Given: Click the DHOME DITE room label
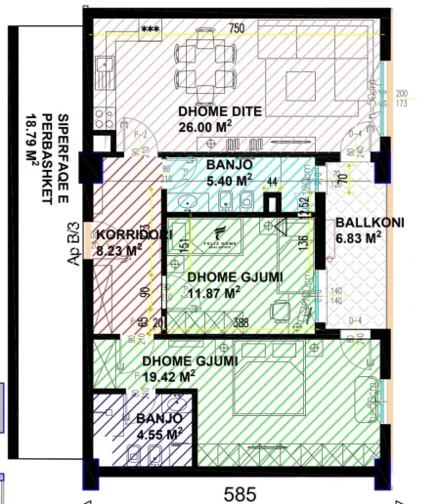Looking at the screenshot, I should click(x=220, y=111).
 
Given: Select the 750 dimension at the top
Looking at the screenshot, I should click(x=236, y=28).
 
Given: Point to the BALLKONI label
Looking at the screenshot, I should click(x=364, y=223).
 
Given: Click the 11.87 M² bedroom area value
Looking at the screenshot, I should click(x=213, y=291).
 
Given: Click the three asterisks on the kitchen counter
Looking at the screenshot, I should click(x=151, y=28).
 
